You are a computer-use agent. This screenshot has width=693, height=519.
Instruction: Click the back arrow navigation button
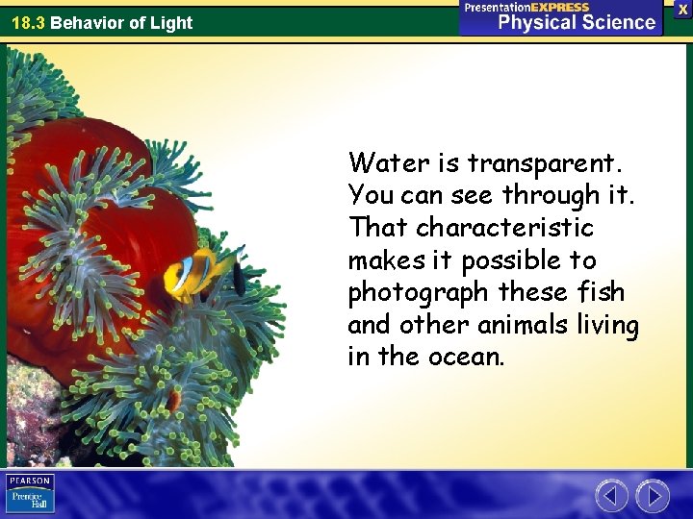tap(611, 496)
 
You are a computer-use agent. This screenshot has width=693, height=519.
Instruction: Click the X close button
tap(682, 8)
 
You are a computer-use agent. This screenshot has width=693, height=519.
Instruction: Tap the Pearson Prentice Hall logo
tap(31, 494)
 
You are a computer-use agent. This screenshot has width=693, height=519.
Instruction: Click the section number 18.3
tap(28, 23)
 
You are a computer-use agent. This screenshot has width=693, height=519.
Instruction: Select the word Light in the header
tap(171, 23)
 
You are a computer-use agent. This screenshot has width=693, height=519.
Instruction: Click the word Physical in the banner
tap(536, 22)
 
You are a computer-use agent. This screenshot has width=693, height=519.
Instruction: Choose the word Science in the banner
tap(618, 22)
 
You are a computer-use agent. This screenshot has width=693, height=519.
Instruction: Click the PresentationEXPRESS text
tap(526, 7)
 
